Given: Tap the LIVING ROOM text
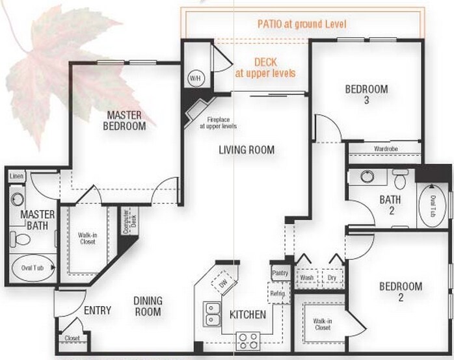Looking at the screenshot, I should click(x=246, y=150).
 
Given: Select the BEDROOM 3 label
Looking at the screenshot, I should click(x=366, y=95).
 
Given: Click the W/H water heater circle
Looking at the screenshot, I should click(x=194, y=78).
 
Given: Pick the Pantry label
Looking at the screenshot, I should click(x=280, y=273).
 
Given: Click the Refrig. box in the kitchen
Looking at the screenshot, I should click(x=277, y=293).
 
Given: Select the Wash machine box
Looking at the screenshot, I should click(x=307, y=277).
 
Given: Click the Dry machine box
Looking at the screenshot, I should click(x=333, y=277).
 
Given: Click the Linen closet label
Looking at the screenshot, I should click(x=17, y=176).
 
